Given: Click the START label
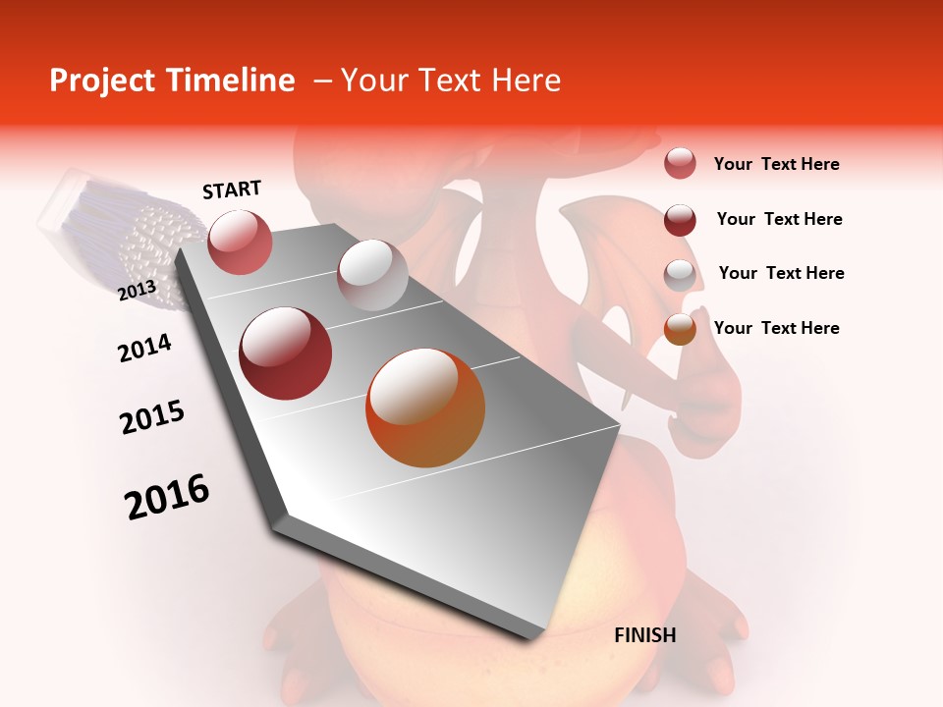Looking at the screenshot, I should tap(232, 190).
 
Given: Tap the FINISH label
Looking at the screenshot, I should tap(645, 635).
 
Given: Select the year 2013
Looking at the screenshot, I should tap(138, 290).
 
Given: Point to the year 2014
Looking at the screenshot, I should tap(145, 348).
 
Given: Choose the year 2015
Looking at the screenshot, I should tap(152, 417).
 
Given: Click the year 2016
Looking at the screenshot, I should tap(167, 497).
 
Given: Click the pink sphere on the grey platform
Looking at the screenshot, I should tap(240, 242).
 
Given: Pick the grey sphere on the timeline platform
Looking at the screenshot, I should tap(372, 274).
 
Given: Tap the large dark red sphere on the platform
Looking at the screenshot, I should tap(286, 353).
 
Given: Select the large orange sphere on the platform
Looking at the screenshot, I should tap(425, 408).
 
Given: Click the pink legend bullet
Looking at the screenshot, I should tap(680, 163).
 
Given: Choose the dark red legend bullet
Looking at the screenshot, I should tap(680, 220).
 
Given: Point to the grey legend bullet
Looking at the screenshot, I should tap(680, 275).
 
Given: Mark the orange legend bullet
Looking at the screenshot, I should tap(680, 329).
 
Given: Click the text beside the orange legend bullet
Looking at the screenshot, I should tap(777, 328).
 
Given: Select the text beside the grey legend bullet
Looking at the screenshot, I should tap(782, 273).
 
